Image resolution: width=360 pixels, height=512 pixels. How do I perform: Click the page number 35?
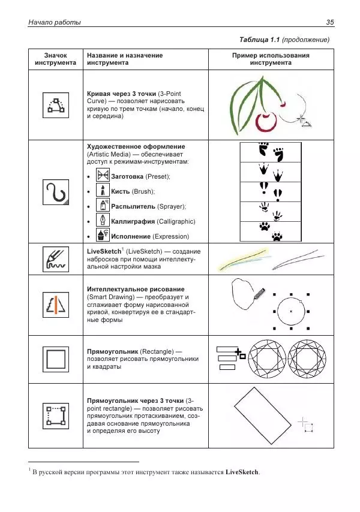[329, 23]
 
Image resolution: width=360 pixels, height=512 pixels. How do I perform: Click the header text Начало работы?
[46, 23]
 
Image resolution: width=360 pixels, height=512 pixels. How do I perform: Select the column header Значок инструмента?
[55, 59]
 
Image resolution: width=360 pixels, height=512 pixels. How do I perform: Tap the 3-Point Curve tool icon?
[55, 106]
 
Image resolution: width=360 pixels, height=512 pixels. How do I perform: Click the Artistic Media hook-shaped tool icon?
[55, 192]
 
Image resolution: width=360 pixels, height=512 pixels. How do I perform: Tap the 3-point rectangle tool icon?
[55, 414]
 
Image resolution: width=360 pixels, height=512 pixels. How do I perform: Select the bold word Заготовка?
[130, 176]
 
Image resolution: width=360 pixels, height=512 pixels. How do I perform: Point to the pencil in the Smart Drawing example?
[259, 294]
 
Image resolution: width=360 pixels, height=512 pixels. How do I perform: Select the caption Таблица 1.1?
[259, 40]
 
